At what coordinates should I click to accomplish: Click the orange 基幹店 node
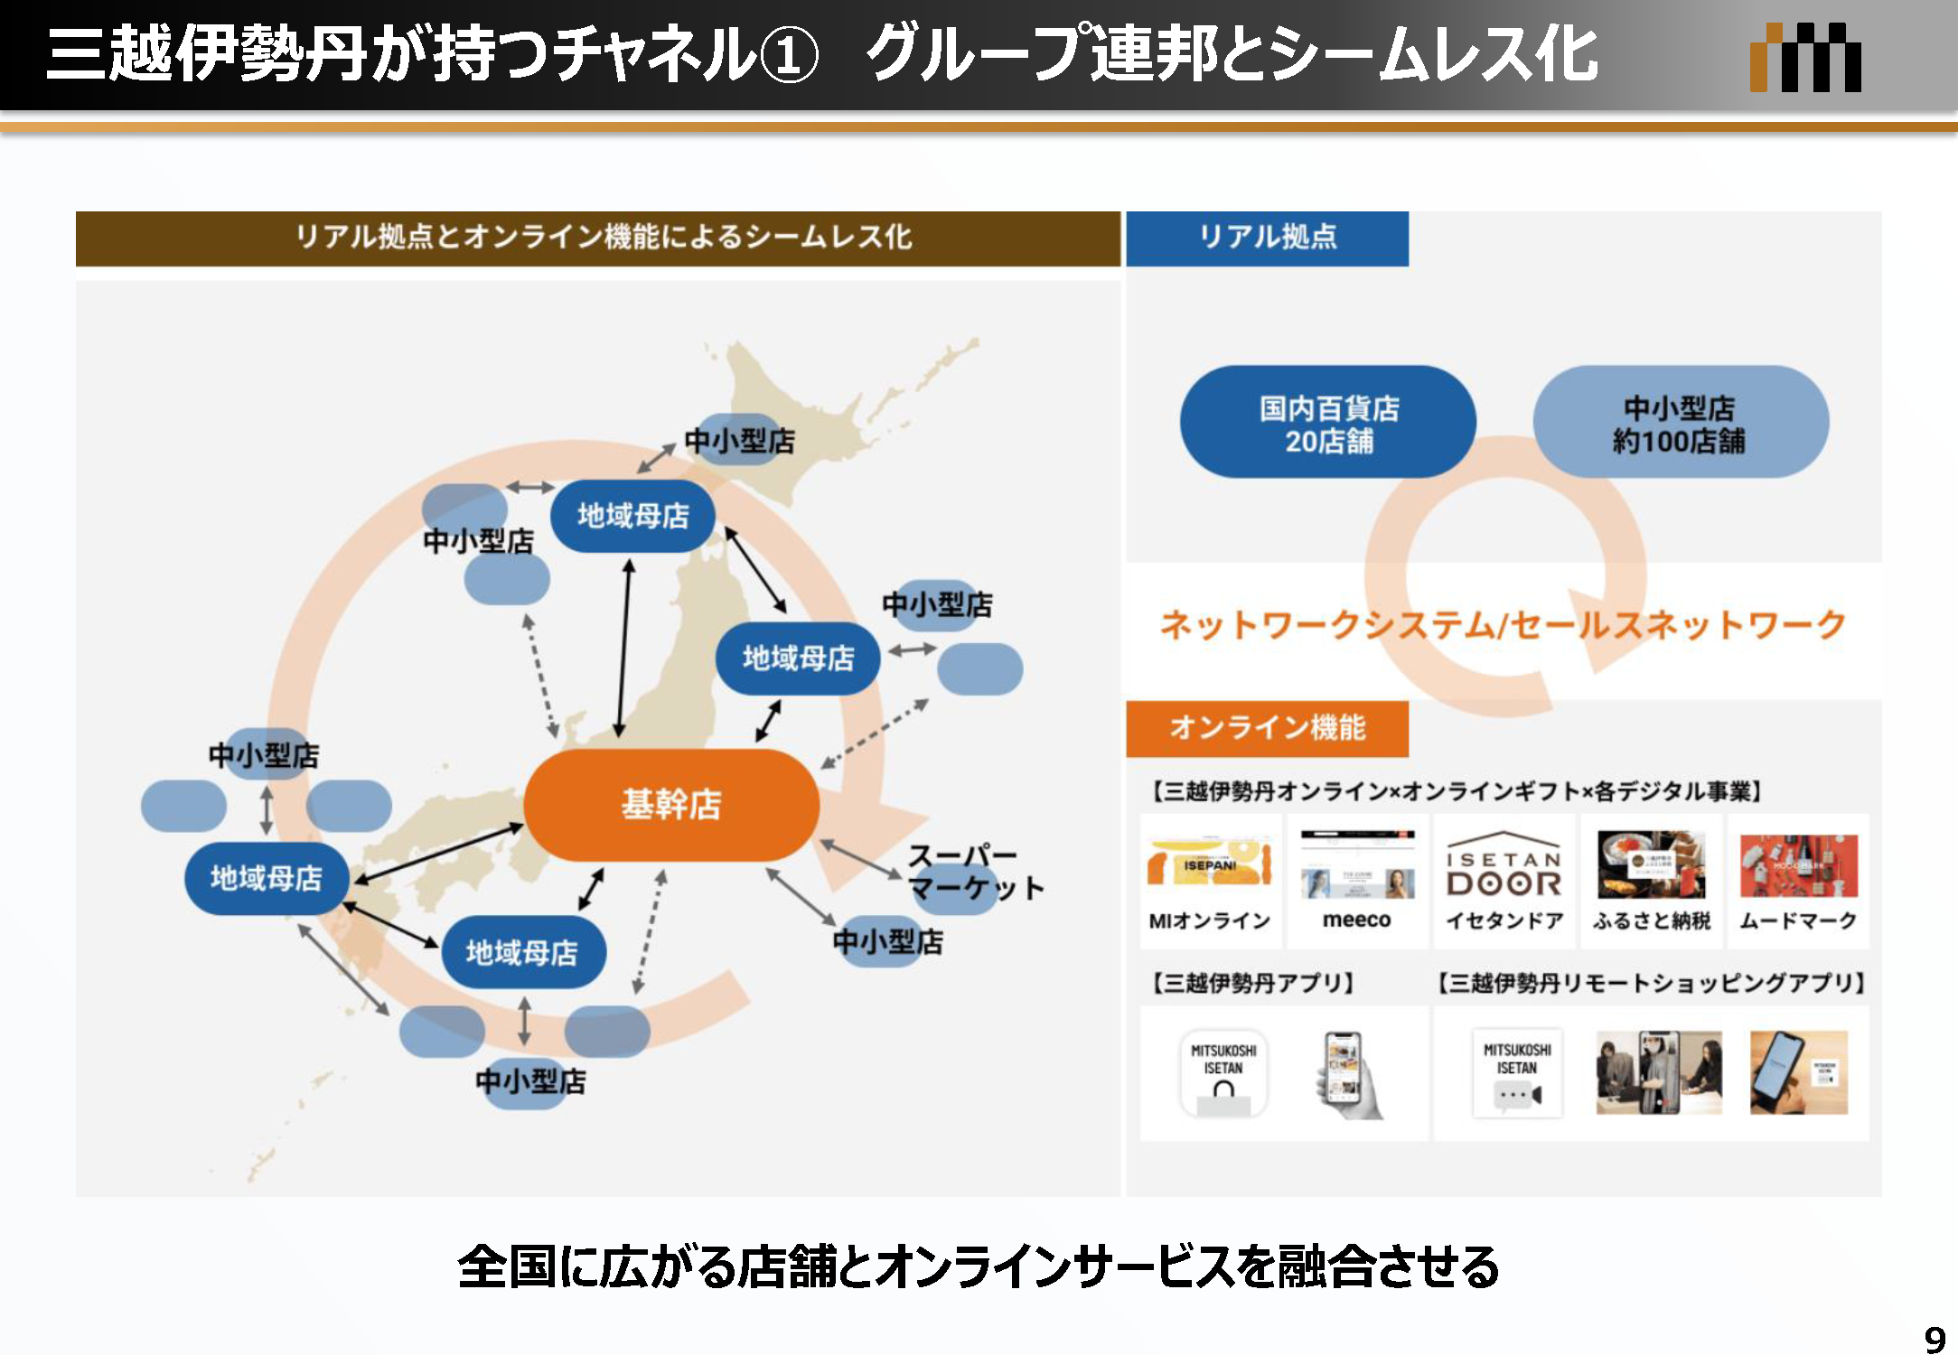coord(671,804)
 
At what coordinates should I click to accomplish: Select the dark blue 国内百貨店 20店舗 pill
coord(1327,423)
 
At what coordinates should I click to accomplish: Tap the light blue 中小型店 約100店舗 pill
coord(1680,423)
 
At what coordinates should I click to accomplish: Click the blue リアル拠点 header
coord(1267,238)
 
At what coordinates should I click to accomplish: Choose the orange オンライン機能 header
coord(1267,728)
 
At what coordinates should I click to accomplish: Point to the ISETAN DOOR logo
coord(1504,865)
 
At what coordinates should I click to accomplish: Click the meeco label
coord(1356,920)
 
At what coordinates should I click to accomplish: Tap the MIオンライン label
coord(1209,921)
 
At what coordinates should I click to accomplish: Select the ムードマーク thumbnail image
coord(1798,865)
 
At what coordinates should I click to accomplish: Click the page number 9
coord(1934,1338)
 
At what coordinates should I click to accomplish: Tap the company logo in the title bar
coord(1804,58)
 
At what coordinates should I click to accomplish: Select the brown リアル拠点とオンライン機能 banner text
coord(603,238)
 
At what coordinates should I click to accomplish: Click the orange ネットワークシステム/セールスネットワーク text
coord(1502,625)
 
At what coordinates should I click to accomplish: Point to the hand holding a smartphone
coord(1346,1075)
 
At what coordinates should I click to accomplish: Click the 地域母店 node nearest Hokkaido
coord(632,516)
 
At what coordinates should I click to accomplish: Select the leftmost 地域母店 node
coord(266,878)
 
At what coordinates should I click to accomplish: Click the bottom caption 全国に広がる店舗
coord(978,1266)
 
